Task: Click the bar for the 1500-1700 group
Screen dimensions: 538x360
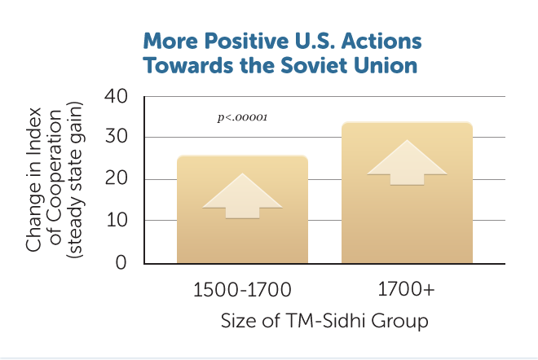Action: click(242, 209)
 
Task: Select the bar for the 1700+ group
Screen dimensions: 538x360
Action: click(407, 193)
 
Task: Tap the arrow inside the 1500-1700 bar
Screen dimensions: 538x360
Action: click(242, 195)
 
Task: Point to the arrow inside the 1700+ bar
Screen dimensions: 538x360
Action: click(407, 163)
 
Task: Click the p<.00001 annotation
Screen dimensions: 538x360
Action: click(242, 117)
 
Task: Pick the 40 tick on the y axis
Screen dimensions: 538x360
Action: click(117, 96)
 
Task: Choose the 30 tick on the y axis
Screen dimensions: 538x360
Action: click(117, 137)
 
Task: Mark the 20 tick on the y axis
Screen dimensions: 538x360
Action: click(117, 178)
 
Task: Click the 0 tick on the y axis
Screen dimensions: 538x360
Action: click(121, 262)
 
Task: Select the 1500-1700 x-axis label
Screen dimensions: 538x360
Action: click(242, 289)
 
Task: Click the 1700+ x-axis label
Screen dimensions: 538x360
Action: click(406, 288)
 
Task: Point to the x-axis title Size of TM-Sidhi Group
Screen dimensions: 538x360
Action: click(324, 321)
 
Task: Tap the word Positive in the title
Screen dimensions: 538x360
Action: click(246, 42)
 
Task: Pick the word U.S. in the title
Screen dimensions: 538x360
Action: click(315, 42)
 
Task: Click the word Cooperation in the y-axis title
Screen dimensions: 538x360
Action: click(55, 177)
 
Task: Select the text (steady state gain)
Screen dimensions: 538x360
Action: click(75, 180)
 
